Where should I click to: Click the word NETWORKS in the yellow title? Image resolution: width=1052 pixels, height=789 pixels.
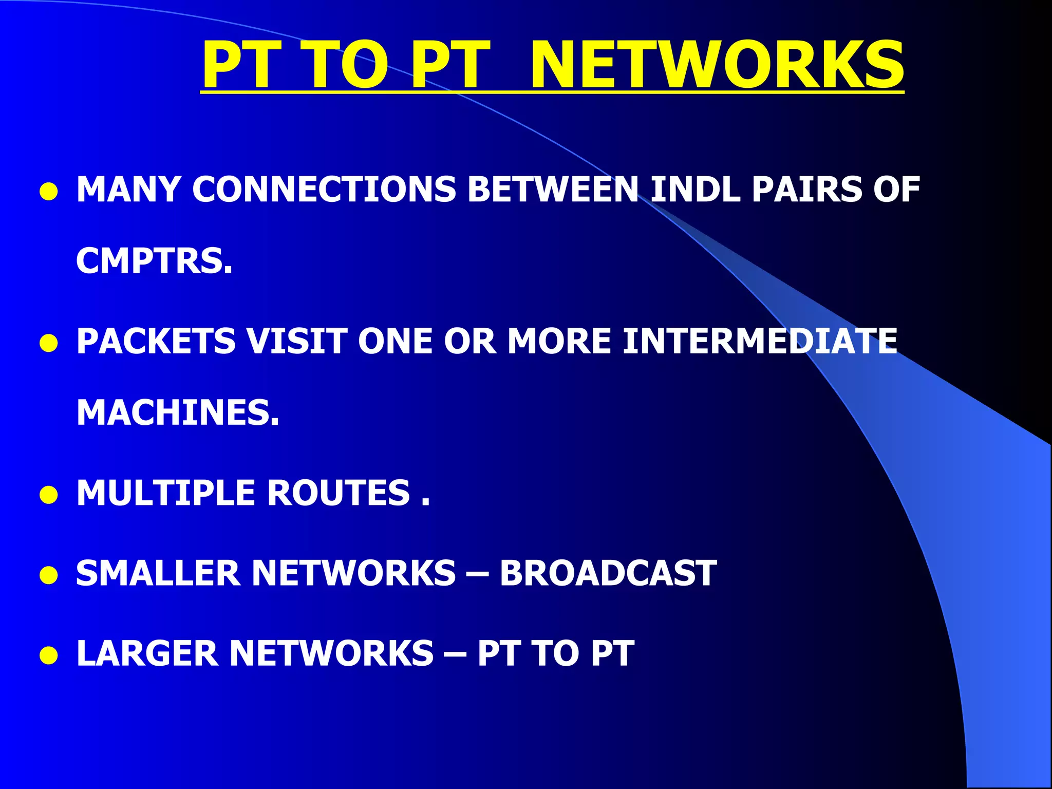[717, 66]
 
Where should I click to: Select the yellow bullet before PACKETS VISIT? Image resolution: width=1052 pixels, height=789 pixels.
[49, 344]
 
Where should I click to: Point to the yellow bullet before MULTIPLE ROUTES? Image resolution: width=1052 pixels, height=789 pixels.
[49, 496]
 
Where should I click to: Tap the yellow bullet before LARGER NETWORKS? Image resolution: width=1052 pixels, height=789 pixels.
[49, 656]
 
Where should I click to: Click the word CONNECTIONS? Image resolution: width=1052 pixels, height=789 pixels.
[324, 189]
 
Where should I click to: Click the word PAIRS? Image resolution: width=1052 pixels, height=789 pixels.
[806, 189]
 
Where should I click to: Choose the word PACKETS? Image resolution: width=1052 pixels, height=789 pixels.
[156, 341]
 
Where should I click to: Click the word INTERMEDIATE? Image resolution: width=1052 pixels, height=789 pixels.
[760, 341]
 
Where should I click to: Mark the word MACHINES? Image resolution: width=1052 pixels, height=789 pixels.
[178, 413]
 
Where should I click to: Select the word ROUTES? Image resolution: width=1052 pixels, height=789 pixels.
[339, 493]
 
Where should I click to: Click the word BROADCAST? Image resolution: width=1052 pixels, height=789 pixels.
[608, 573]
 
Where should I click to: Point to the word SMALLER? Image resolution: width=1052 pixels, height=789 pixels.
[158, 573]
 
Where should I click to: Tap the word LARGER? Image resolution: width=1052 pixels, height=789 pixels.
[147, 653]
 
